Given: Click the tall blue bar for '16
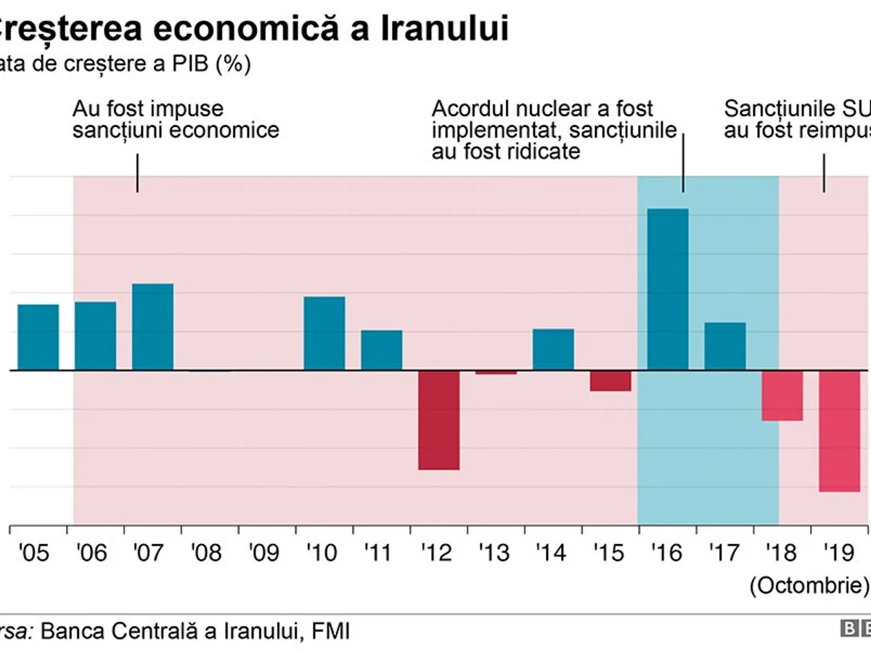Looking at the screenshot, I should (x=668, y=289).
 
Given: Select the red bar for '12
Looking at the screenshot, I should (x=438, y=419).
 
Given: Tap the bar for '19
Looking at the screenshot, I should (x=840, y=431).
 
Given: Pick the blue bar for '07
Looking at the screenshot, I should (x=152, y=326).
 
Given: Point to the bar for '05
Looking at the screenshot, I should (x=38, y=337).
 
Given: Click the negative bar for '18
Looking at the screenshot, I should (x=782, y=395).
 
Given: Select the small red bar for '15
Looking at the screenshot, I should (x=610, y=381).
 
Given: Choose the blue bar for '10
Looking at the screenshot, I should (x=324, y=333).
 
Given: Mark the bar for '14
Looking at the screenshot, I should (x=553, y=349).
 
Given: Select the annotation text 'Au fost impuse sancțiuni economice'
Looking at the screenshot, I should (x=176, y=120).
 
